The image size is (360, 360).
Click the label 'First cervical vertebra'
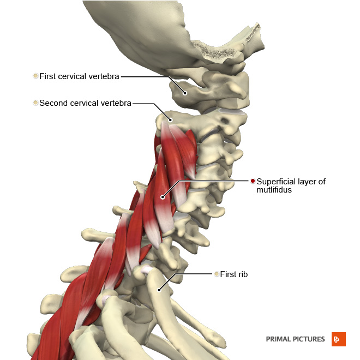(x=79, y=76)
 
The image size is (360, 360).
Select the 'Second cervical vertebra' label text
(x=85, y=103)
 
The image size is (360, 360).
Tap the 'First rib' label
(x=233, y=274)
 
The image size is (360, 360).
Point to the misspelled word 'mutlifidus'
(x=274, y=190)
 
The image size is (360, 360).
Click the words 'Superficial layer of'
(x=291, y=182)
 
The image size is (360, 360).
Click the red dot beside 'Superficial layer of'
(x=253, y=181)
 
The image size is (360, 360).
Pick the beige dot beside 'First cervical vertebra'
(x=35, y=76)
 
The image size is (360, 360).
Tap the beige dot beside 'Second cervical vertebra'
(x=35, y=103)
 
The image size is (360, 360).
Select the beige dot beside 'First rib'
(x=217, y=274)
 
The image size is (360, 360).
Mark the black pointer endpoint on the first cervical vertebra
(x=185, y=93)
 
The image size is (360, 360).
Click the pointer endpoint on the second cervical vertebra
(x=171, y=119)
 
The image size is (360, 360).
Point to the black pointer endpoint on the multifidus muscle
(x=163, y=197)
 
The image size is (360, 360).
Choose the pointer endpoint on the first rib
(x=159, y=290)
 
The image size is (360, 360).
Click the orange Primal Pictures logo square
(x=339, y=339)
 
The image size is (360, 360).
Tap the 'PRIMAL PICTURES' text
(x=295, y=339)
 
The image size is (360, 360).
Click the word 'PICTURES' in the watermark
(x=309, y=339)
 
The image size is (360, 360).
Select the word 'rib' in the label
(x=242, y=274)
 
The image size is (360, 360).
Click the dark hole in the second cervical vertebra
(x=225, y=120)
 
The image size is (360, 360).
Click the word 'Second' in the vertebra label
(x=53, y=103)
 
